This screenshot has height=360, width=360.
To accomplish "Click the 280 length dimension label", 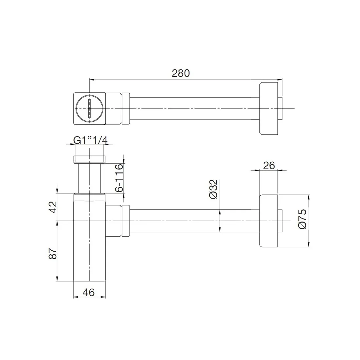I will [x=181, y=73].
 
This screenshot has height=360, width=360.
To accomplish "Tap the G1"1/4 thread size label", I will [x=90, y=140].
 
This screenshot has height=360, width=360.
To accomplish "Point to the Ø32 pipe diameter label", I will [x=213, y=189].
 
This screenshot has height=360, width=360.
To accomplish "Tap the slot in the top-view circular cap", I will [x=89, y=108].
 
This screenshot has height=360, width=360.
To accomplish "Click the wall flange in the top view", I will [x=268, y=108].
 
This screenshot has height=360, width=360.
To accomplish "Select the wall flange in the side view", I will [x=268, y=221].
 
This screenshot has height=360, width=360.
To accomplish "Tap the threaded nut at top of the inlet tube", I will [x=89, y=159].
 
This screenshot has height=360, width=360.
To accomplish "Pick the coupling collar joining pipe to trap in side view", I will [x=126, y=221].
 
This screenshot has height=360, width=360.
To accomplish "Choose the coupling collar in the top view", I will [x=126, y=108].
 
